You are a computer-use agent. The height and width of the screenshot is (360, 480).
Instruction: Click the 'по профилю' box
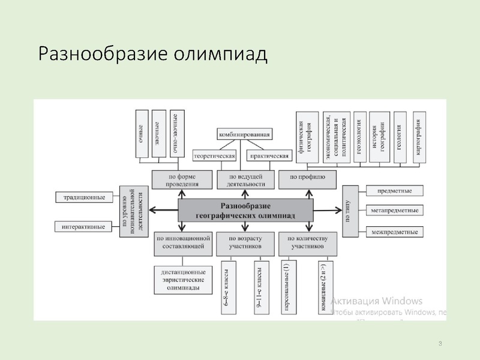tap(307, 178)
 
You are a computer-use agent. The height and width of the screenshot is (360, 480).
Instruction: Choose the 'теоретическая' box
tap(214, 155)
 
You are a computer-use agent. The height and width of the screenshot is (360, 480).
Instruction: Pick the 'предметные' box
tap(394, 191)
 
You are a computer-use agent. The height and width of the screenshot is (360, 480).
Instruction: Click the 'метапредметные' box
tap(394, 211)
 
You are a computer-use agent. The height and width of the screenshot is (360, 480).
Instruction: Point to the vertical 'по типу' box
tap(349, 211)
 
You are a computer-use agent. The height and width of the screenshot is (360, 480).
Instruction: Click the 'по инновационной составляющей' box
tap(184, 242)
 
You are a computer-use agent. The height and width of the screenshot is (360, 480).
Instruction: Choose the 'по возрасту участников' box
tap(245, 242)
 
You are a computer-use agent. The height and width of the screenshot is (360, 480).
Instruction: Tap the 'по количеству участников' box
tap(308, 242)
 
